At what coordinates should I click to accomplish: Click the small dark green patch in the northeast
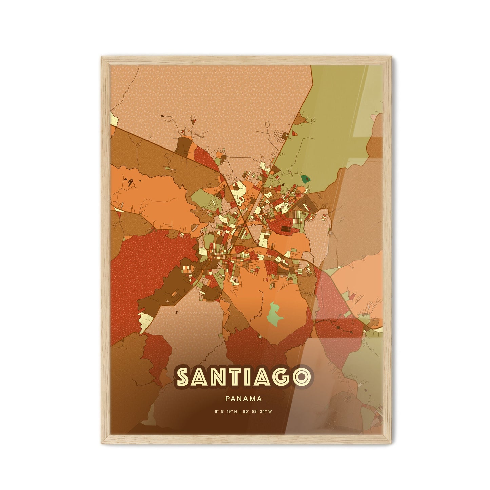(306, 178)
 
